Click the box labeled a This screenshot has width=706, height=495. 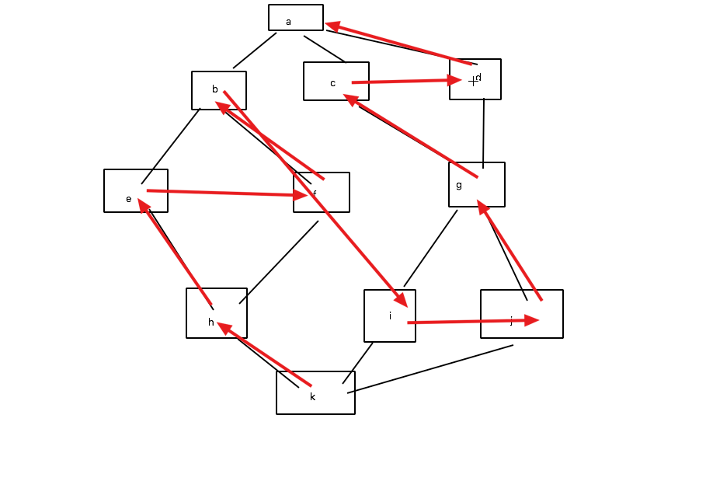point(296,17)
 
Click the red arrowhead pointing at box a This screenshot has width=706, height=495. point(333,26)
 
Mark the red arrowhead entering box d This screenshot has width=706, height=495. point(455,79)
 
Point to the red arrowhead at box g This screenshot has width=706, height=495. point(482,207)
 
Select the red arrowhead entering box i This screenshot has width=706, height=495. point(401,300)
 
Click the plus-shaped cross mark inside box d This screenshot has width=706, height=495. point(473,81)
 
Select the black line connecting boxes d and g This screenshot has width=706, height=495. point(483,132)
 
